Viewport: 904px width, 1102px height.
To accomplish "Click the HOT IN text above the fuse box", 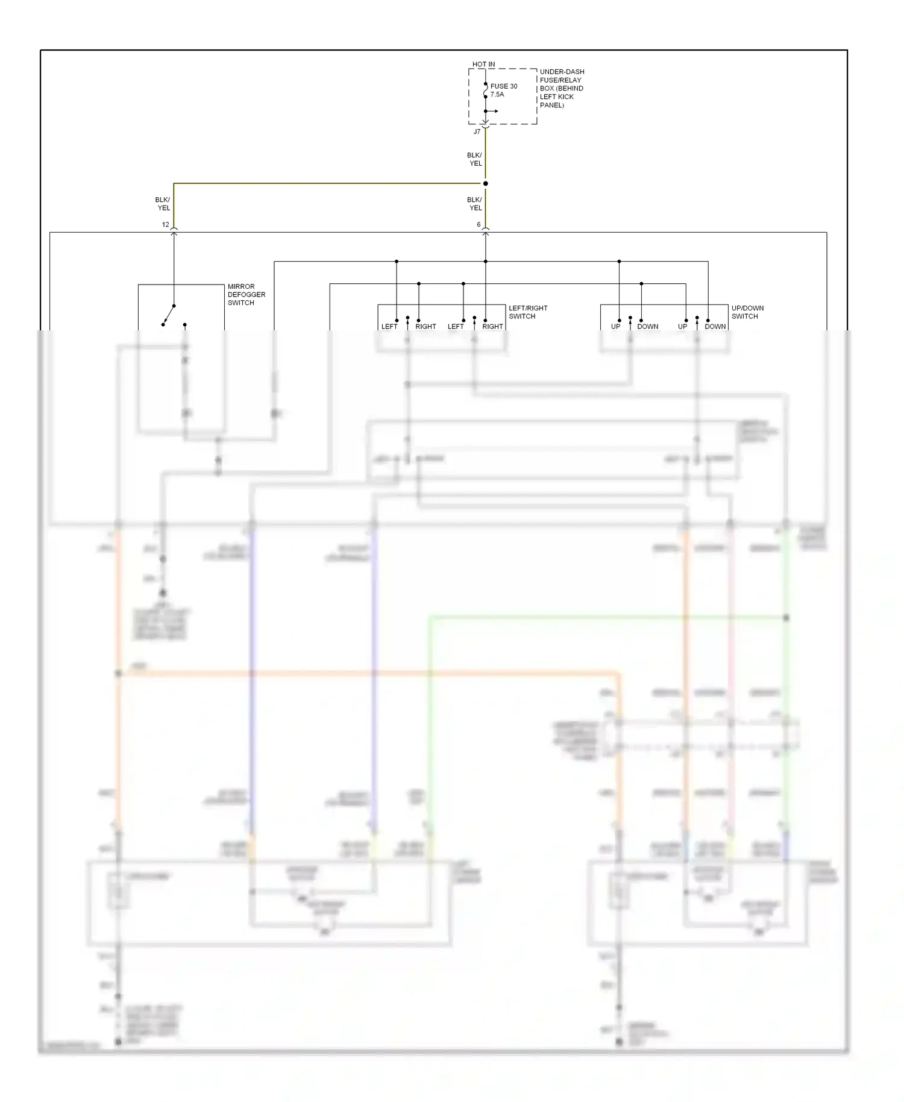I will [483, 64].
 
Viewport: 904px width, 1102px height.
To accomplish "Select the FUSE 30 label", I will [503, 86].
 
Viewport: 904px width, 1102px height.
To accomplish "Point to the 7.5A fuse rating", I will [497, 95].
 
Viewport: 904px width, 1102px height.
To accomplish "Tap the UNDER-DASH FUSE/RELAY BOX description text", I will [561, 88].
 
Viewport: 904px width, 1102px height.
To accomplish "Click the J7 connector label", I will [477, 131].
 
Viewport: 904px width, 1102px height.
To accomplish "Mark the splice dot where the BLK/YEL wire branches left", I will [485, 183].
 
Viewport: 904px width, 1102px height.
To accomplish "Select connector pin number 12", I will [165, 224].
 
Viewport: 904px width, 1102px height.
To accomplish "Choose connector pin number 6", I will [479, 224].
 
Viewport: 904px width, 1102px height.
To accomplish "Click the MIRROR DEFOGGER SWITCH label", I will [246, 294].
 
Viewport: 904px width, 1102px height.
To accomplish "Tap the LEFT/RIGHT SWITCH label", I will [527, 312].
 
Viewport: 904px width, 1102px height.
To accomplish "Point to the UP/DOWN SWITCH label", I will [747, 312].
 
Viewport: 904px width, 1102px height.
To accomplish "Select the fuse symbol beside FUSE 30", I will [485, 90].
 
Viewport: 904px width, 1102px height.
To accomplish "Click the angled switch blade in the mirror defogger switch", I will [169, 315].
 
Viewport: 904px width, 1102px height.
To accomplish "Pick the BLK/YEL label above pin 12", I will [163, 204].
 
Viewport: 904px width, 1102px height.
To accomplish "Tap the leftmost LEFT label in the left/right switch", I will [389, 326].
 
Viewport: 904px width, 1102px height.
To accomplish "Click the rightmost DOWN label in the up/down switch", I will [715, 326].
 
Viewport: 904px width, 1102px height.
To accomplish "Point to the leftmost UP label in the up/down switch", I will [615, 326].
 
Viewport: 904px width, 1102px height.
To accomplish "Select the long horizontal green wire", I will [603, 617].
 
